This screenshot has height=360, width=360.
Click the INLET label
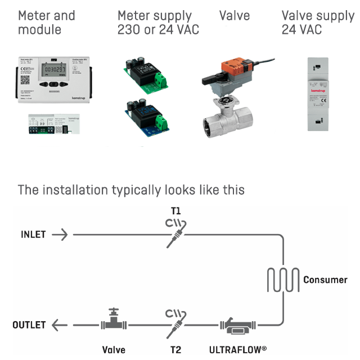coord(33,234)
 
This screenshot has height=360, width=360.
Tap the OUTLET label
coord(29,325)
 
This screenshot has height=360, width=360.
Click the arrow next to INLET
coord(61,234)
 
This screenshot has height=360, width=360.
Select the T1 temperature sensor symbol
coord(176,232)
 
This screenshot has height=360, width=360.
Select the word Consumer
coord(325,280)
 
